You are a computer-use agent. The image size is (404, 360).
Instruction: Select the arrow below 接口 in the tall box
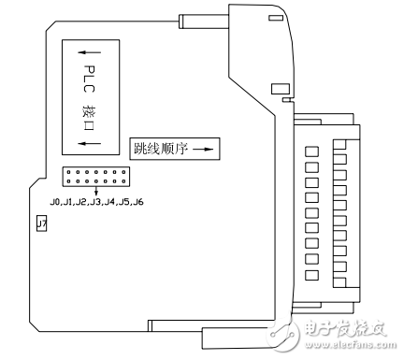pos(90,142)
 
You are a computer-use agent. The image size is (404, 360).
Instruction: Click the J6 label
pos(137,202)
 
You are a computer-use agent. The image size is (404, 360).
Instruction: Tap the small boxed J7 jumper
pos(41,223)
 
